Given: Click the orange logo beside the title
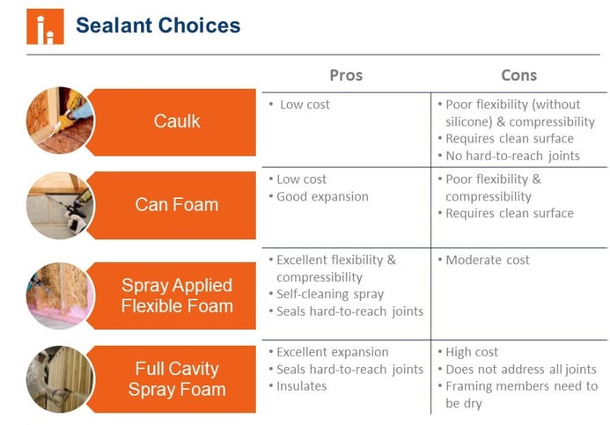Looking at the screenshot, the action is click(x=45, y=26).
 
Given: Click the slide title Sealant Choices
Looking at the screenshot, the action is click(x=158, y=26).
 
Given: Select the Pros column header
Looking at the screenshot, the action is click(x=346, y=75).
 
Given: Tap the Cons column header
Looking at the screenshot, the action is click(x=519, y=75).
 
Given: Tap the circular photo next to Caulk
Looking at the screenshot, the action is click(x=60, y=121).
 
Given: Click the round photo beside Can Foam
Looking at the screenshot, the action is click(x=60, y=205).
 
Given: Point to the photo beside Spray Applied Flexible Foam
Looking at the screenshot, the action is click(x=60, y=296).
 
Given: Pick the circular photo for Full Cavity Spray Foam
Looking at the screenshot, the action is click(x=60, y=379).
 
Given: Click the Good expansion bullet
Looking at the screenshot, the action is click(x=319, y=197).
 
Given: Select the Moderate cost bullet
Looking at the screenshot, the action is click(x=483, y=260).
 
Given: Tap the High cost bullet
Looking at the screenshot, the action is click(x=467, y=352).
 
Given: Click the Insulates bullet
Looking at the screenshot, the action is click(x=298, y=386).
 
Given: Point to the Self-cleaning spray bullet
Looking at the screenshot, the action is click(x=326, y=294).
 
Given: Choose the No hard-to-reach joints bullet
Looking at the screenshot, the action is click(x=509, y=156).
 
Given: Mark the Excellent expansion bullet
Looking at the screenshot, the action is click(x=328, y=352).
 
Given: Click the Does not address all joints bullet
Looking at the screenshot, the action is click(x=517, y=369).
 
